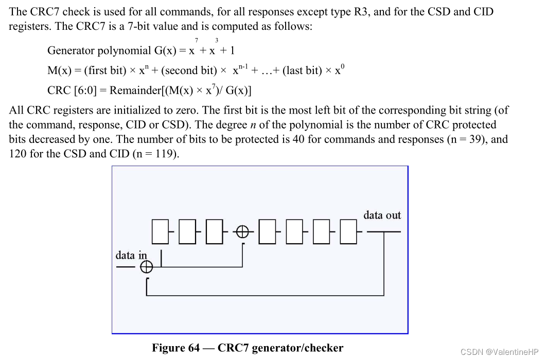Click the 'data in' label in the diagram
pos(131,255)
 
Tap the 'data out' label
pos(382,215)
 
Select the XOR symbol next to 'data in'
pos(147,267)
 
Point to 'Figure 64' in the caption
pos(175,348)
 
